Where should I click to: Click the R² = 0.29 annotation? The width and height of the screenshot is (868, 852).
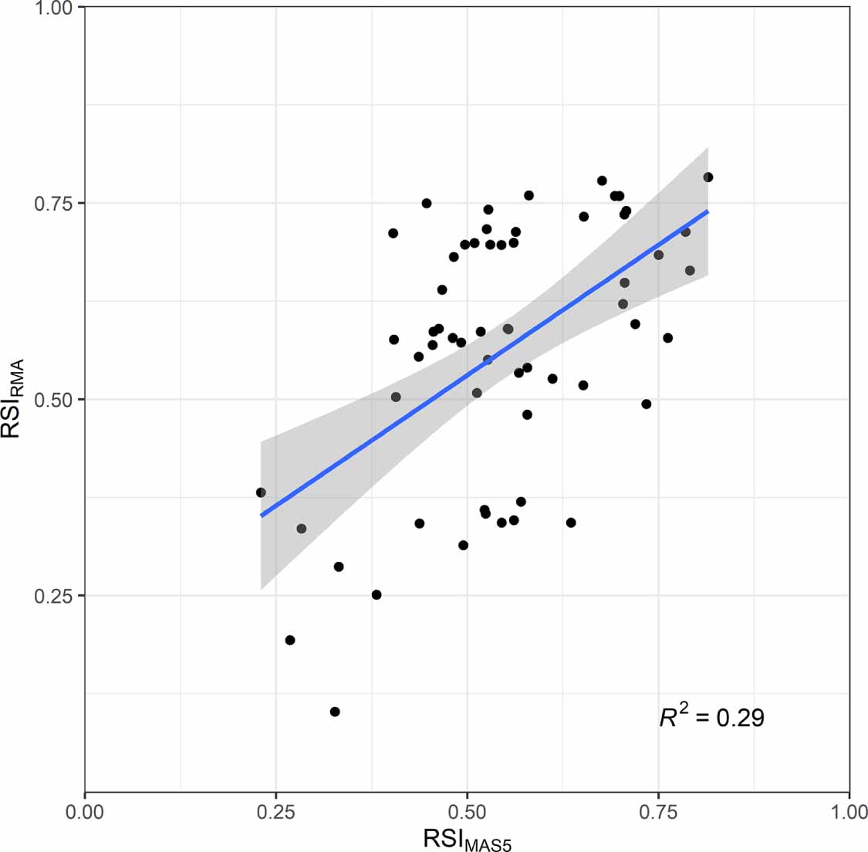pos(711,718)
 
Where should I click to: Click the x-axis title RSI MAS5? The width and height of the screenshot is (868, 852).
pos(467,838)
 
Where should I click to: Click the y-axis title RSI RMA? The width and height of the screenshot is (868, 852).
pos(14,399)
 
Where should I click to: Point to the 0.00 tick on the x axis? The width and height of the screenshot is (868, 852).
pos(85,812)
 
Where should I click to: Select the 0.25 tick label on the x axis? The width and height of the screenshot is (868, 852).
pos(275,812)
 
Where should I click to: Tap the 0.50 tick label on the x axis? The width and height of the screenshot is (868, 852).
pos(467,812)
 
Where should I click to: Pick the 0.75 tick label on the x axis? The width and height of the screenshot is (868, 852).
pos(658,812)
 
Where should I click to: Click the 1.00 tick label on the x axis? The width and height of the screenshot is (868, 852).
pos(849,812)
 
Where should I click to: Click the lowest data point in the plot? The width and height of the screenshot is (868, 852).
pos(335,712)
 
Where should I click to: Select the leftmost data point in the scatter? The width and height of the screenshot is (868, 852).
pos(261,492)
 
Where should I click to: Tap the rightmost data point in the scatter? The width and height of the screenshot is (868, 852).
pos(708,177)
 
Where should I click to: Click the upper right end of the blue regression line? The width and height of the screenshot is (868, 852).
pos(708,211)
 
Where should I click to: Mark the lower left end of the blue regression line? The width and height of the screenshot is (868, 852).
pos(261,515)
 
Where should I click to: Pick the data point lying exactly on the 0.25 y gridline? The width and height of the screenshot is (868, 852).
pos(377,594)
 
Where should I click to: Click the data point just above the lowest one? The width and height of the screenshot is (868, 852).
pos(290,640)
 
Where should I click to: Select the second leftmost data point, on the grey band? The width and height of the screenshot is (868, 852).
pos(302,529)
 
